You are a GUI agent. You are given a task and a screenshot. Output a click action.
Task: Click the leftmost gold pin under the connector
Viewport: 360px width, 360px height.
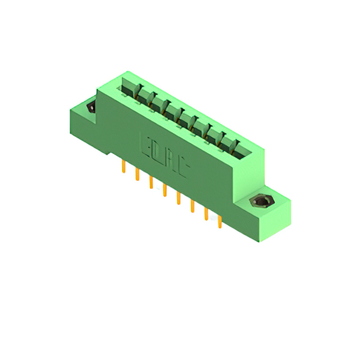point(123,167)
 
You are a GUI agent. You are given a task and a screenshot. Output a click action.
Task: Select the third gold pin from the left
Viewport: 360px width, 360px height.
point(151,182)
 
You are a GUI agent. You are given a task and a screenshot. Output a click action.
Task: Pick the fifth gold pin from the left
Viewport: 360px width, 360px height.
point(178,198)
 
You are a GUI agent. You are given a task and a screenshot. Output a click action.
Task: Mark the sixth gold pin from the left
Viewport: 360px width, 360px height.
point(192,206)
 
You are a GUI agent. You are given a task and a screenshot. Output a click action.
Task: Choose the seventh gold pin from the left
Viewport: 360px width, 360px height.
point(206,214)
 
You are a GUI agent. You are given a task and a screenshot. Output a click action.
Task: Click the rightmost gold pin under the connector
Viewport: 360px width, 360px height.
point(220,222)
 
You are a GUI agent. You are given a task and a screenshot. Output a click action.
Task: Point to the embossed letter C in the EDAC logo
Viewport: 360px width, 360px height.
point(186,167)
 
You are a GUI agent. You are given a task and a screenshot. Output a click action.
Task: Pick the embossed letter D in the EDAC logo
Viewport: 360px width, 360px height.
point(156,150)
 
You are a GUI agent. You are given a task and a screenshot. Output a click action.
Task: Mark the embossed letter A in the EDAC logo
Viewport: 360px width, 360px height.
point(172,159)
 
